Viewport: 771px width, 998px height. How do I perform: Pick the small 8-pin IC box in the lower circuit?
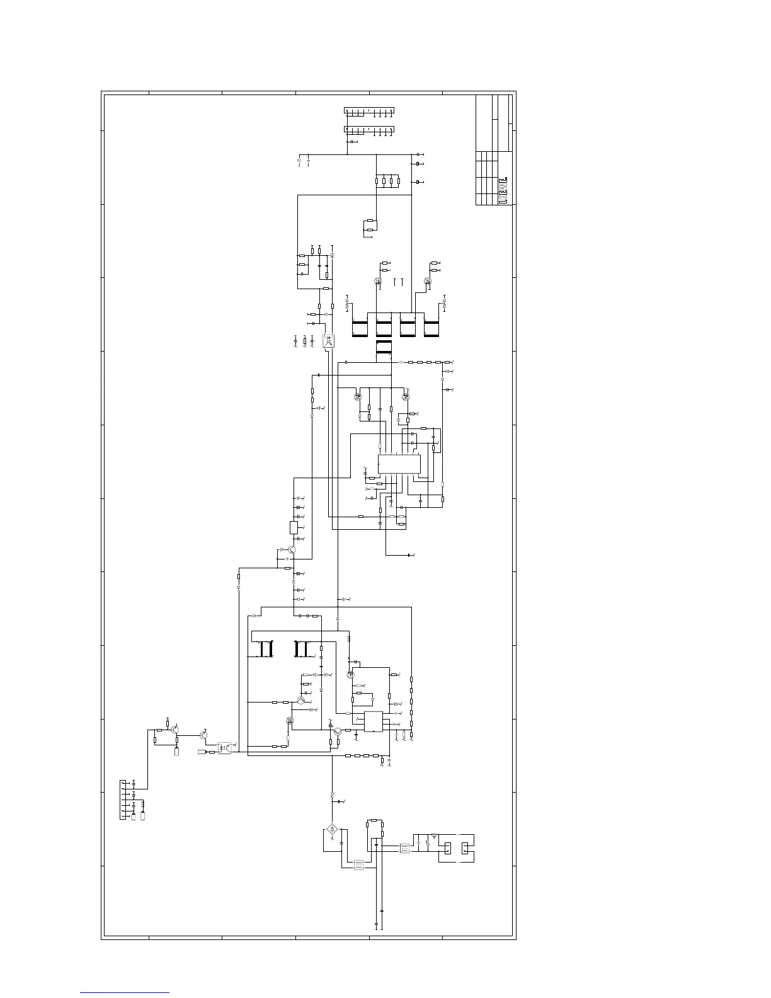[x=373, y=721]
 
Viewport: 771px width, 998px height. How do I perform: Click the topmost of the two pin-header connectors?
[x=368, y=111]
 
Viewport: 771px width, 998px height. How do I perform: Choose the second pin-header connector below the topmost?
[x=368, y=130]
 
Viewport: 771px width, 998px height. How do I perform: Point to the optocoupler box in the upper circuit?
[x=329, y=341]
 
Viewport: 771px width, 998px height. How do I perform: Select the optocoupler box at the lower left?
[x=224, y=748]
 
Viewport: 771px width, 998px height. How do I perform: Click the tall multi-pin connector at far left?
[x=123, y=800]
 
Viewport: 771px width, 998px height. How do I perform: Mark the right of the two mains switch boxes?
[x=466, y=849]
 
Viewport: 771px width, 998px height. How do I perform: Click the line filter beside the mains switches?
[x=405, y=848]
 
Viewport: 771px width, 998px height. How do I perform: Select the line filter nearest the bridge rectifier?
[x=358, y=864]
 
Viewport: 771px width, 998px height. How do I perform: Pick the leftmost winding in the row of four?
[x=359, y=325]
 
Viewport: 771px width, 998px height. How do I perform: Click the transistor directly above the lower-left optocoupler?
[x=203, y=735]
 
